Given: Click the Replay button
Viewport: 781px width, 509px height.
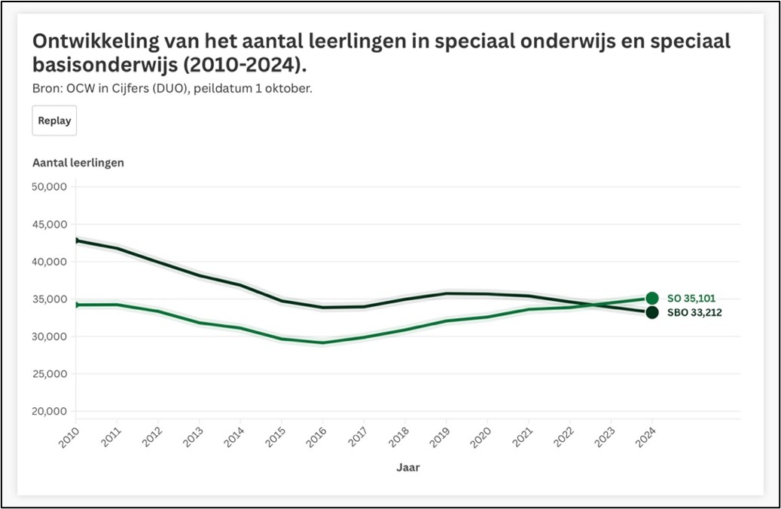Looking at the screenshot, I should coord(54,121).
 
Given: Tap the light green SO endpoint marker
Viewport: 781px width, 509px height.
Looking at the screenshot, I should coord(652,298).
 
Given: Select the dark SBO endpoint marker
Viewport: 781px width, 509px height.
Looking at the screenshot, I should coord(652,312).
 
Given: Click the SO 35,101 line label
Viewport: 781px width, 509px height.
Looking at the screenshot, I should coord(690,298).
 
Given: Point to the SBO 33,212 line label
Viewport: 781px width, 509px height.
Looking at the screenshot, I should coord(694,312).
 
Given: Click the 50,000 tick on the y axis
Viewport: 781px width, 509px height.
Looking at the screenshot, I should coord(50,187).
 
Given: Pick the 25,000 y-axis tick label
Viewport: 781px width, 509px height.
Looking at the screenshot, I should coord(50,374).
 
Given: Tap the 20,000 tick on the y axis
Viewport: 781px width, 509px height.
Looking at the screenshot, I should coord(50,412).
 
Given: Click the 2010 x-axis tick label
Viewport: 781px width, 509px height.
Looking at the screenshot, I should coord(68,435).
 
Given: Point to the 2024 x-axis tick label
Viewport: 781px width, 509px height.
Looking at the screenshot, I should coord(645,435).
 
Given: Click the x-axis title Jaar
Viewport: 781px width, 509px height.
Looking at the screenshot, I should coord(408,468).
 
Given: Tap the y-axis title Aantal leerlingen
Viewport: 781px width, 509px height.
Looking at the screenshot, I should coord(78,162).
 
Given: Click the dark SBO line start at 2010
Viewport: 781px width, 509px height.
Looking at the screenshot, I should coord(76,241).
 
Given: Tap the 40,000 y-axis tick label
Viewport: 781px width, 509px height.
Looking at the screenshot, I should coord(50,262).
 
